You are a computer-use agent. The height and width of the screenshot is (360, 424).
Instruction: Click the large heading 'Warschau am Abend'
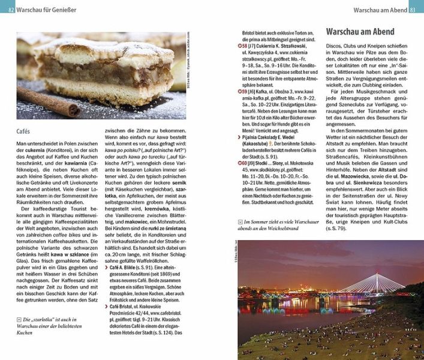pos(360,31)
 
